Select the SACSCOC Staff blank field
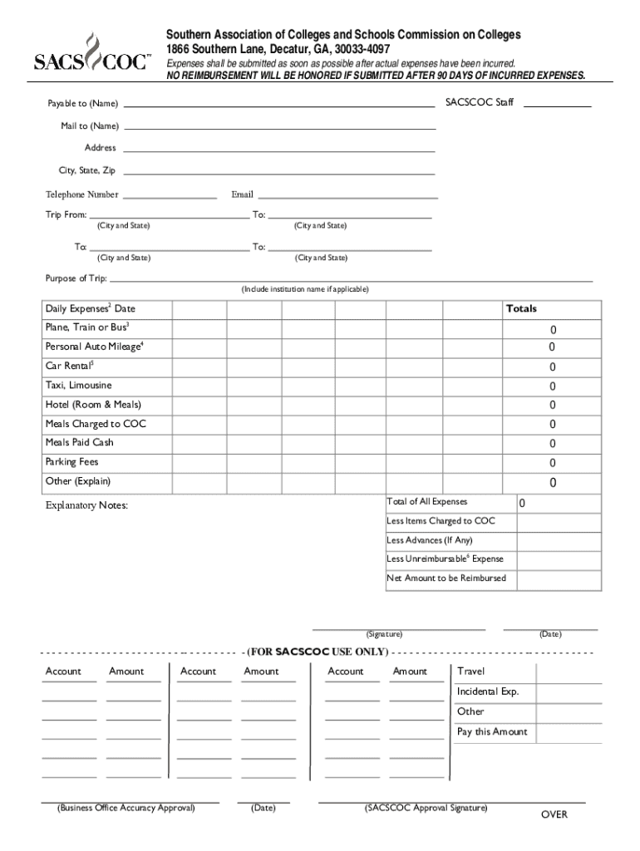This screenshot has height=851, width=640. [x=557, y=105]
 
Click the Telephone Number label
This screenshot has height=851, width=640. [x=81, y=194]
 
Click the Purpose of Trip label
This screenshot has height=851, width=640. [x=76, y=278]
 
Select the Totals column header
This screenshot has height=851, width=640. [x=521, y=309]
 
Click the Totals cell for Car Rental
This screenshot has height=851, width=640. [x=551, y=367]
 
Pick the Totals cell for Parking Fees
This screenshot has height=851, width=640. [x=551, y=464]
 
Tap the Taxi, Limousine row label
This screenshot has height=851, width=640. [x=78, y=386]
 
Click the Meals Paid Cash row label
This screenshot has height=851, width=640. [x=79, y=443]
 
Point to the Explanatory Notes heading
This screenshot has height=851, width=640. [x=86, y=505]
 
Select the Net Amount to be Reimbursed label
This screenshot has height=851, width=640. [x=446, y=578]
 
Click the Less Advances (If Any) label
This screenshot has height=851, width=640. [x=429, y=540]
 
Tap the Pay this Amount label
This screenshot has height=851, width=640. [x=492, y=732]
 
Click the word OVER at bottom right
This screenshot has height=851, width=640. [x=554, y=814]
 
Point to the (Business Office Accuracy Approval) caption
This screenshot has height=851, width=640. [x=126, y=808]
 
